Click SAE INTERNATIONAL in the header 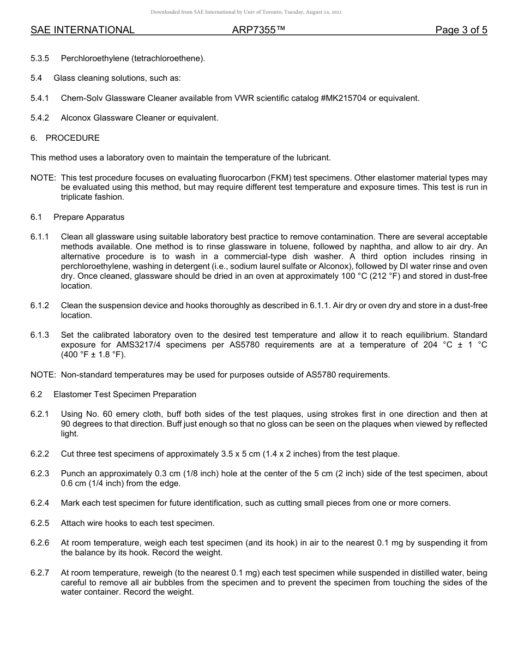point(82,30)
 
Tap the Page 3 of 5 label point(461,30)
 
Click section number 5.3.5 point(40,58)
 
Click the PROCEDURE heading point(73,138)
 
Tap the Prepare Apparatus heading point(89,217)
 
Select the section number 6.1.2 point(40,305)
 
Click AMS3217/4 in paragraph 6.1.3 point(137,345)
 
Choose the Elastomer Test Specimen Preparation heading point(125,394)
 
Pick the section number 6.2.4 point(40,503)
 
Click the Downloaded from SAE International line point(246,12)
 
